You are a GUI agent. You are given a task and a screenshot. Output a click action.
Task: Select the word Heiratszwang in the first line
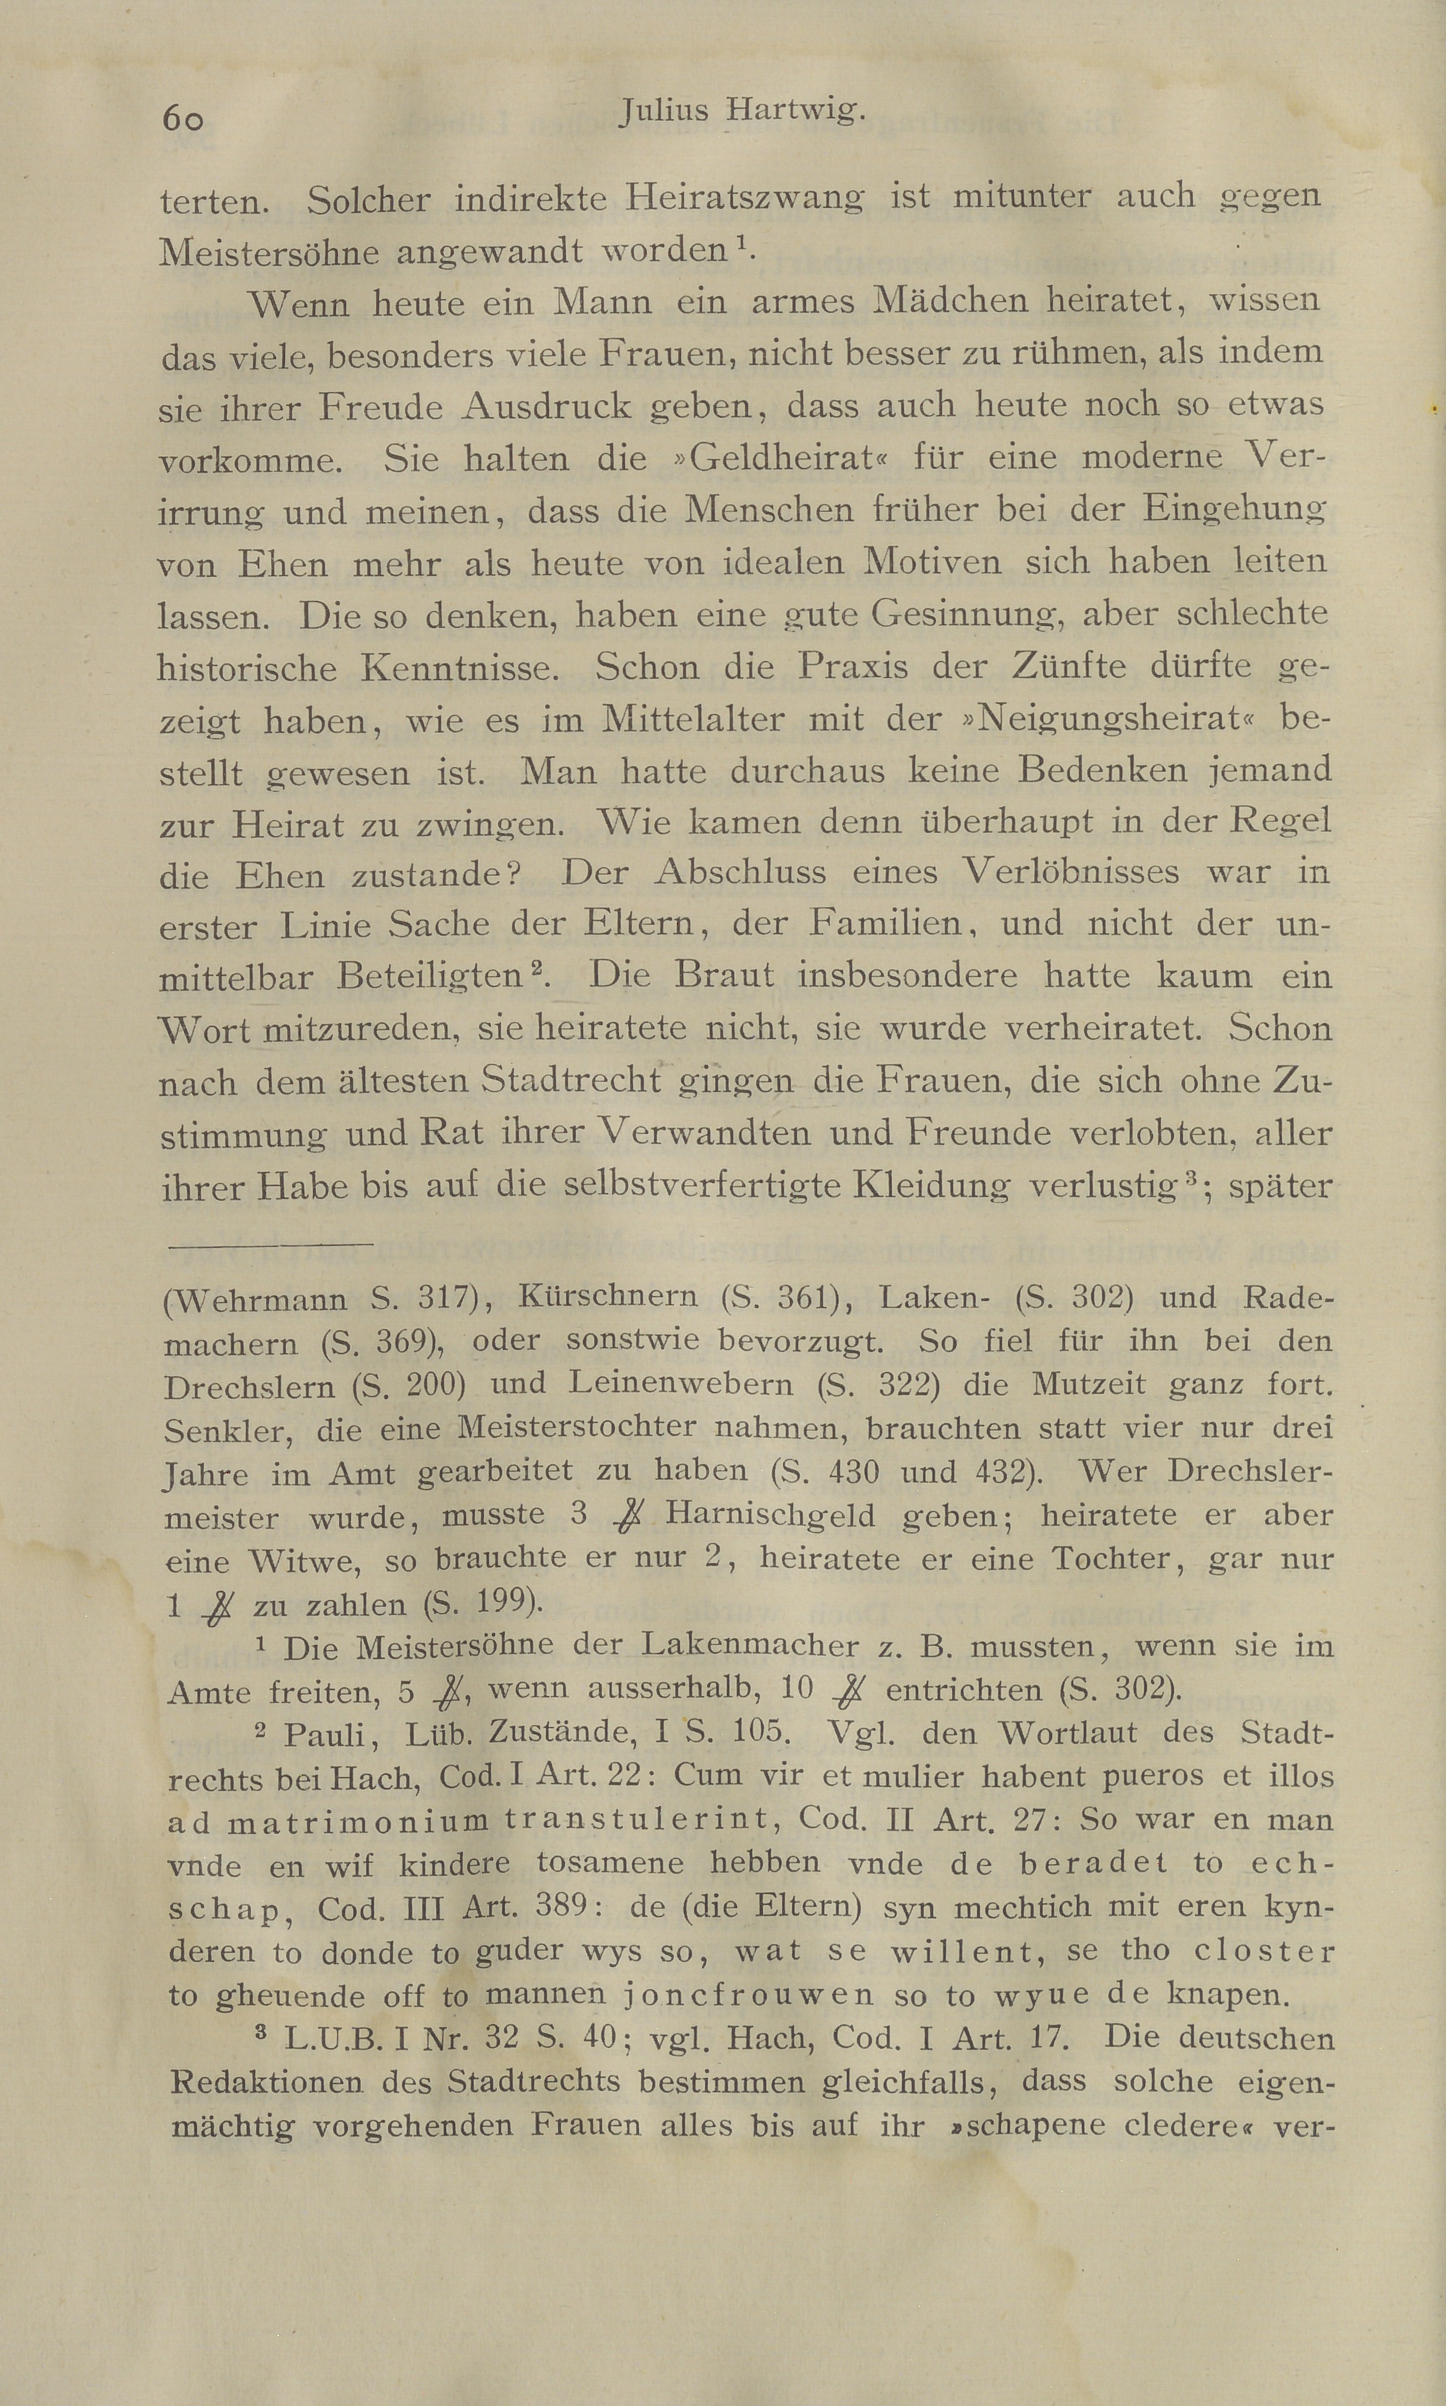coord(744,199)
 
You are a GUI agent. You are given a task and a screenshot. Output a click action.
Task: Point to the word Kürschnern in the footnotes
coord(608,1296)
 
